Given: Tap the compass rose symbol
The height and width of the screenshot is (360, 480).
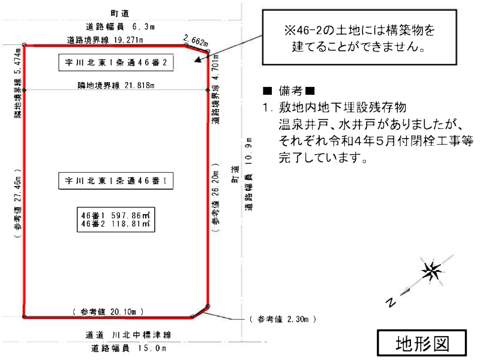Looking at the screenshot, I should pyautogui.click(x=431, y=271).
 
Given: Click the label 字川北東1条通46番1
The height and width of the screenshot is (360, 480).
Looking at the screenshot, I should pyautogui.click(x=116, y=180).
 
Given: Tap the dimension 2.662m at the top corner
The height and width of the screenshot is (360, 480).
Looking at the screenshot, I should pyautogui.click(x=196, y=41).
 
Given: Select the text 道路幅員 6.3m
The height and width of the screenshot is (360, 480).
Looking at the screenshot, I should pyautogui.click(x=120, y=26).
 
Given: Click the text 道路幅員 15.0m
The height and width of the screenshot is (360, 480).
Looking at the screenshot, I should pyautogui.click(x=129, y=348).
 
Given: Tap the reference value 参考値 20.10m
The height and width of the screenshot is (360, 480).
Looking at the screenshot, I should pyautogui.click(x=108, y=312).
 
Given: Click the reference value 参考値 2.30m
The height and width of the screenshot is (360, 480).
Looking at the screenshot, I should pyautogui.click(x=283, y=320).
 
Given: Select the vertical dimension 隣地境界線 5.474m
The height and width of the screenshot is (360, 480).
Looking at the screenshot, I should pyautogui.click(x=18, y=84).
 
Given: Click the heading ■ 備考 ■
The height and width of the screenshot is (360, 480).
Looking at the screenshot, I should pyautogui.click(x=289, y=91).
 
